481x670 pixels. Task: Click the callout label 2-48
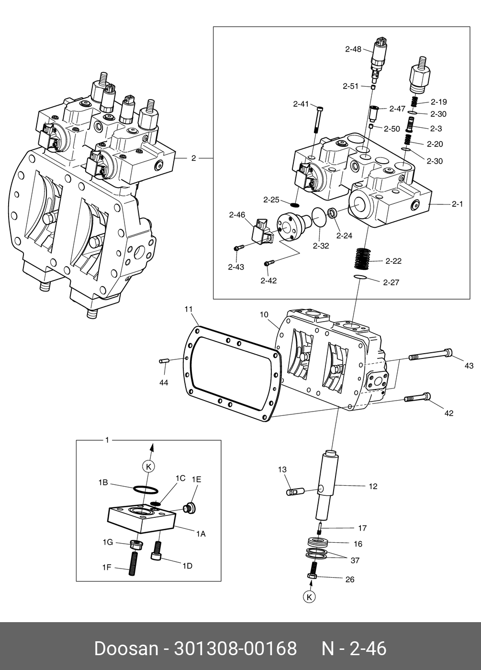pyautogui.click(x=353, y=48)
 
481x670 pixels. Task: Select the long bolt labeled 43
pyautogui.click(x=430, y=355)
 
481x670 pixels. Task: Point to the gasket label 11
pyautogui.click(x=189, y=309)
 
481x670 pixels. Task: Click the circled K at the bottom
pyautogui.click(x=310, y=597)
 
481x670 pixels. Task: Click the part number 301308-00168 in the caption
pyautogui.click(x=235, y=649)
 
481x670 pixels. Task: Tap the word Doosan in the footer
pyautogui.click(x=126, y=649)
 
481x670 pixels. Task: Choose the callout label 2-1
pyautogui.click(x=458, y=204)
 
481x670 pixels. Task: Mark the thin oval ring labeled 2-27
pyautogui.click(x=360, y=278)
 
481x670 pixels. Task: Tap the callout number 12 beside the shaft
pyautogui.click(x=373, y=486)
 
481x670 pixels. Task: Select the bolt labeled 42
pyautogui.click(x=417, y=397)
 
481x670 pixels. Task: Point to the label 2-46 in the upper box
pyautogui.click(x=237, y=215)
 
